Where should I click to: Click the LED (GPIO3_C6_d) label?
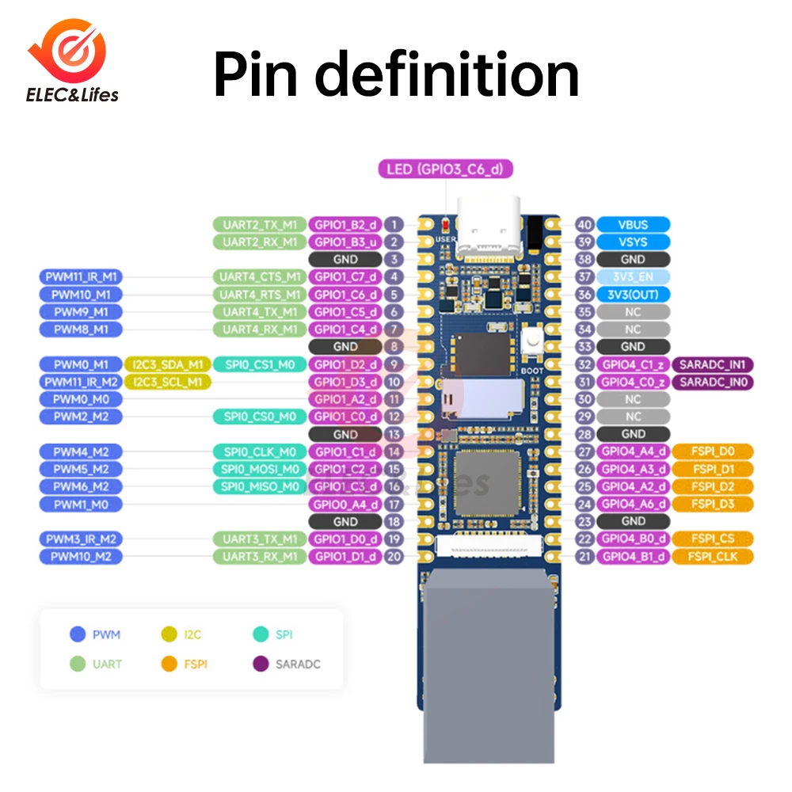tap(446, 169)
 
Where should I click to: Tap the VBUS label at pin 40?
tap(633, 225)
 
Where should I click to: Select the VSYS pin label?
tap(633, 242)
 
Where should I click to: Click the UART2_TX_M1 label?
tap(259, 225)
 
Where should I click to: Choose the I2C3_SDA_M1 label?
tap(166, 364)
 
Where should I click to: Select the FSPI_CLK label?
tap(713, 556)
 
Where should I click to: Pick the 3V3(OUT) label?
tap(633, 295)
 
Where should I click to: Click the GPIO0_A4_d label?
tap(345, 504)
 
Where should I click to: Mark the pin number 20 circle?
tap(394, 556)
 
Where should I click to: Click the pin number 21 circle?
tap(585, 556)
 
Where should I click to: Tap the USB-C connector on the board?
tap(490, 226)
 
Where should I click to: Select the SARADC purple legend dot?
tap(259, 664)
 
